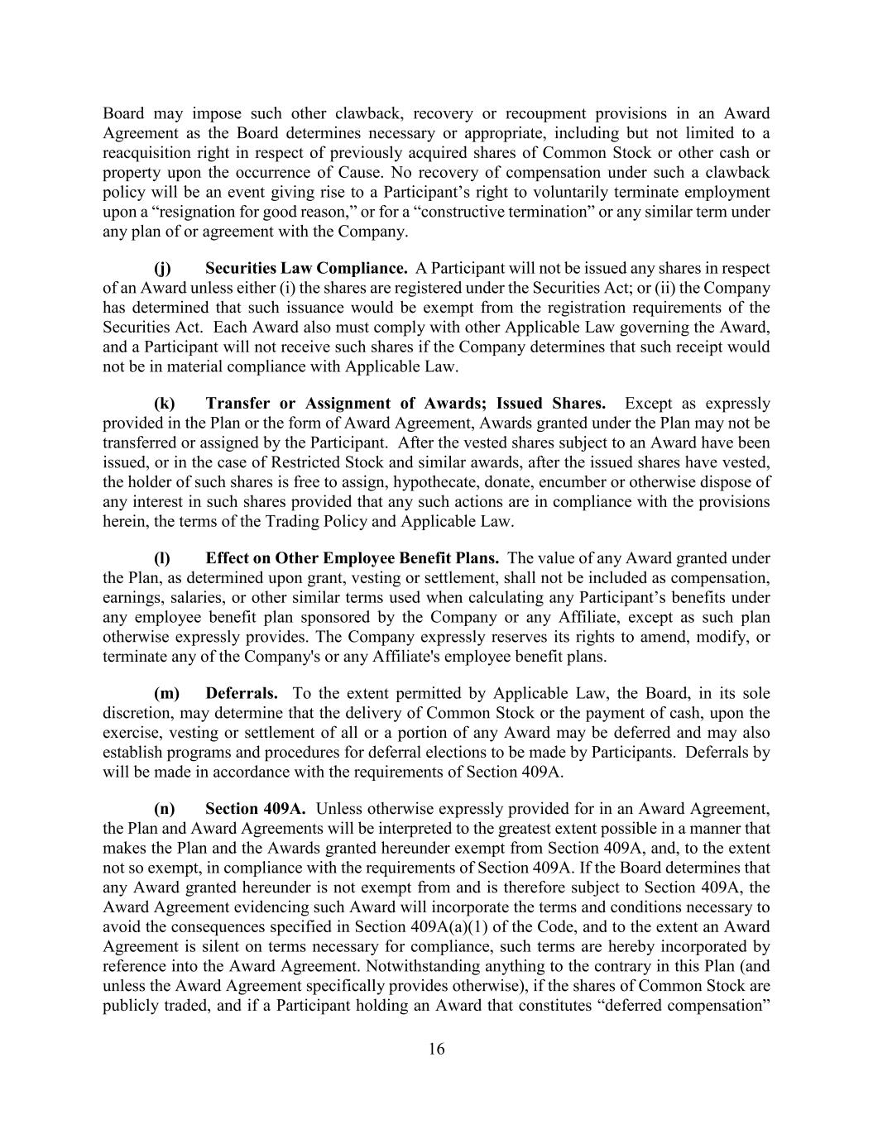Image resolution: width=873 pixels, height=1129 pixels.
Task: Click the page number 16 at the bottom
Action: point(436,1049)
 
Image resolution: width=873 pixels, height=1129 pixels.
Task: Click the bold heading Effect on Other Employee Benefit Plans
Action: point(352,558)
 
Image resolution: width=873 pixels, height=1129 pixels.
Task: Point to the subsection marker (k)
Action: point(165,404)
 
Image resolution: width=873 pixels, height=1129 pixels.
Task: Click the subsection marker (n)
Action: point(165,808)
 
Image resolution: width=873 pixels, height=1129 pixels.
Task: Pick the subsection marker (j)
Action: point(163,268)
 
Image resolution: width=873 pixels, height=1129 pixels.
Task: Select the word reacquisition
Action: point(146,153)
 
